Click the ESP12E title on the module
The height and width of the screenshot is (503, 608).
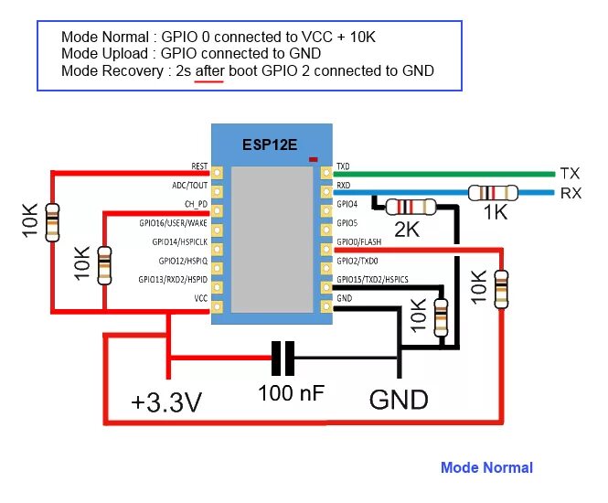[270, 144]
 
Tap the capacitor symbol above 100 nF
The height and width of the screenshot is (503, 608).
[285, 359]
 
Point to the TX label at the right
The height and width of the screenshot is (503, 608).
[570, 174]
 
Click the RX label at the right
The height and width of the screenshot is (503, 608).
[571, 193]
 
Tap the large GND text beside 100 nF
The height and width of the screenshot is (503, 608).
[399, 400]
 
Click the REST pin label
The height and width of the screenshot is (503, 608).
[199, 167]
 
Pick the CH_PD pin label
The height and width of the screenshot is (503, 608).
[196, 204]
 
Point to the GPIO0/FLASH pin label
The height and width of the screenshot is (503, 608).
[358, 242]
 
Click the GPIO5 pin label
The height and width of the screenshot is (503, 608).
[347, 223]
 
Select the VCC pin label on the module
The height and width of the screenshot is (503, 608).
[200, 298]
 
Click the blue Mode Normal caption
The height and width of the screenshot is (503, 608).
[486, 467]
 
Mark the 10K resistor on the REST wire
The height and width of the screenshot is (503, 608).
[53, 219]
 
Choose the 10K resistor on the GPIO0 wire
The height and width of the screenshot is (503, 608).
[500, 288]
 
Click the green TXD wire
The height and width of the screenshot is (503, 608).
[439, 173]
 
